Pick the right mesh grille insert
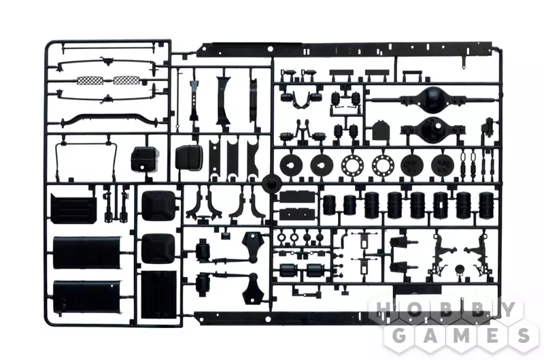pyautogui.click(x=126, y=80)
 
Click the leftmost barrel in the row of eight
pyautogui.click(x=330, y=204)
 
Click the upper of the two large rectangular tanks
pyautogui.click(x=87, y=252)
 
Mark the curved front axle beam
pyautogui.click(x=112, y=121)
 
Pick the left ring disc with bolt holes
pyautogui.click(x=352, y=164)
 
